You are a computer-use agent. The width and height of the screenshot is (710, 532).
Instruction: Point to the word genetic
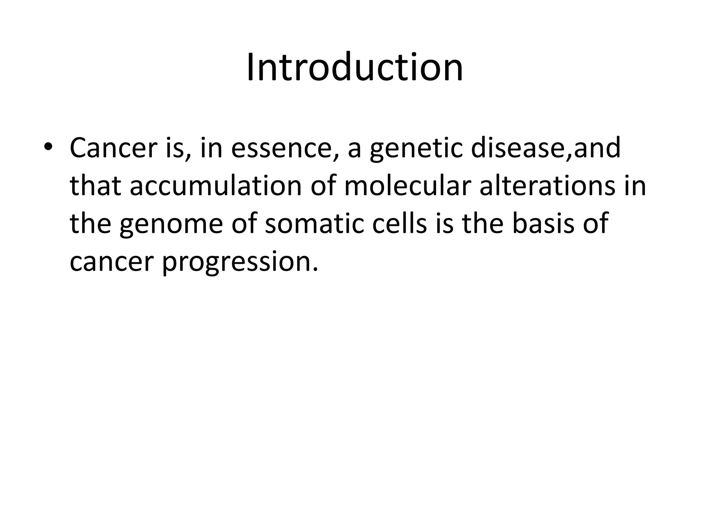click(416, 148)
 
